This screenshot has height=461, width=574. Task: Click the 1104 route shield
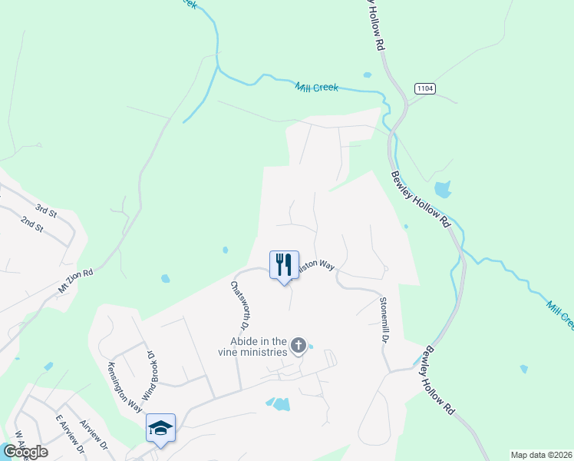pyautogui.click(x=424, y=89)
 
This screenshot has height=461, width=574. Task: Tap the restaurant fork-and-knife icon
pyautogui.click(x=284, y=265)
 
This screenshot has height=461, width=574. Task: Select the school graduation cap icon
pyautogui.click(x=160, y=428)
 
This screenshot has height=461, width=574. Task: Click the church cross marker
pyautogui.click(x=299, y=347)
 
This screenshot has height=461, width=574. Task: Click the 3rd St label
pyautogui.click(x=45, y=209)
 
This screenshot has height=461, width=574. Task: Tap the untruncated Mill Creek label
pyautogui.click(x=317, y=88)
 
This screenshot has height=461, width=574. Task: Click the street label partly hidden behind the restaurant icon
pyautogui.click(x=316, y=264)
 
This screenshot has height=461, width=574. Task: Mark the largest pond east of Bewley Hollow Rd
pyautogui.click(x=442, y=190)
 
